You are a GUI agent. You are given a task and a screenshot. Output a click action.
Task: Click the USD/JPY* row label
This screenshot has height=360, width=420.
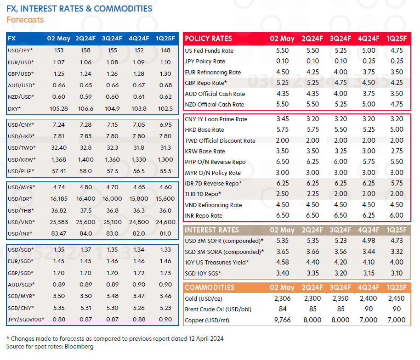point(20,51)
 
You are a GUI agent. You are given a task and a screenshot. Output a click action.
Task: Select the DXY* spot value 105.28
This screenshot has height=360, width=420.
point(58,108)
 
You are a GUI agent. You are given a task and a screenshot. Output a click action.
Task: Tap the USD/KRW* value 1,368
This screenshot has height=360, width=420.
point(58,159)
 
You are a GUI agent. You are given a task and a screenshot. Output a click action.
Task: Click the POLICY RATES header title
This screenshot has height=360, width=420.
point(208,39)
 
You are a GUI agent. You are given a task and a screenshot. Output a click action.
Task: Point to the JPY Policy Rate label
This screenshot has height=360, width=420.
point(205,62)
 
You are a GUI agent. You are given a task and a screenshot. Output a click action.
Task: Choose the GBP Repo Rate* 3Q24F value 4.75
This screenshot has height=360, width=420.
point(341,83)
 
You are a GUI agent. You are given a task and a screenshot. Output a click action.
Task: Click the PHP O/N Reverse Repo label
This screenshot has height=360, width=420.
point(215,162)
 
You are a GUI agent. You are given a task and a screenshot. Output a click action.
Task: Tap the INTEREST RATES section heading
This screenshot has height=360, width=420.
point(212,230)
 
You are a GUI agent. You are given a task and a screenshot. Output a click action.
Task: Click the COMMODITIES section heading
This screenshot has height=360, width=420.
point(209,287)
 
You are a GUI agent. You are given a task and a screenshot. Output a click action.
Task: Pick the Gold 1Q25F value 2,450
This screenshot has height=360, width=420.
point(397,298)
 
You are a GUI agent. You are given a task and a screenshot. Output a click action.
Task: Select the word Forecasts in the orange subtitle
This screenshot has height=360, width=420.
point(25,20)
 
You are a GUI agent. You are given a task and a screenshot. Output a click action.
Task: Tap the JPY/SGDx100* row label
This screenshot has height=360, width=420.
point(26,319)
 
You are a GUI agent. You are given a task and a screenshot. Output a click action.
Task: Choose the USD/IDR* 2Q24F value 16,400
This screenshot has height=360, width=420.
point(85,198)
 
